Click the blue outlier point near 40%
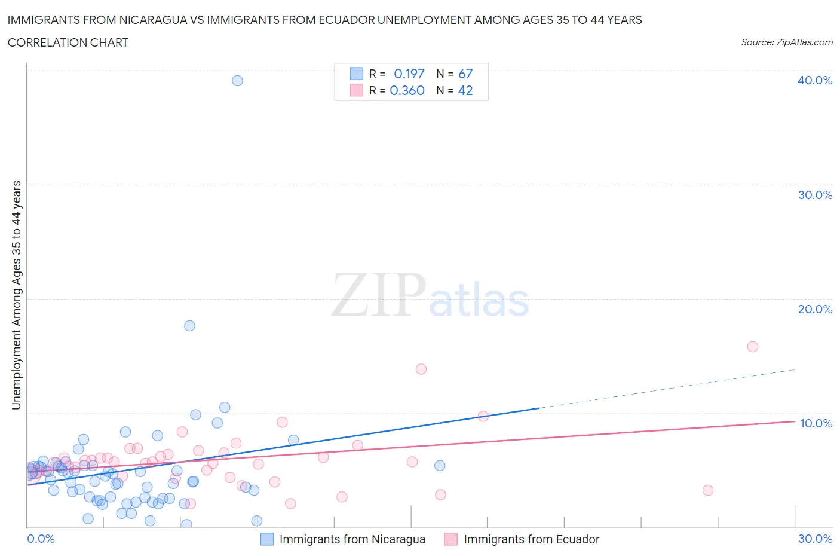[237, 81]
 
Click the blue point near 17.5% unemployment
[189, 326]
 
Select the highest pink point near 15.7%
[753, 347]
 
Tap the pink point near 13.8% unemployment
[421, 369]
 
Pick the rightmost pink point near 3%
[708, 490]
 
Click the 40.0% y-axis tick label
[815, 80]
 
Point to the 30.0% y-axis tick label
[815, 195]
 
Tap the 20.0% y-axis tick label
[815, 309]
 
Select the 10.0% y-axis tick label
[816, 423]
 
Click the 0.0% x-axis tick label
[41, 539]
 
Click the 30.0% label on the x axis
[815, 539]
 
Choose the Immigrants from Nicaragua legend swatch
[267, 539]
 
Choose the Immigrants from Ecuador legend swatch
[451, 539]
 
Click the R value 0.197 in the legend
[409, 74]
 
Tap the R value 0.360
[407, 90]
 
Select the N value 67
[465, 74]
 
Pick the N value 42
[465, 90]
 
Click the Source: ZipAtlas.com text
[786, 42]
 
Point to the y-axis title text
[16, 295]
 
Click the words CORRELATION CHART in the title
[68, 42]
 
